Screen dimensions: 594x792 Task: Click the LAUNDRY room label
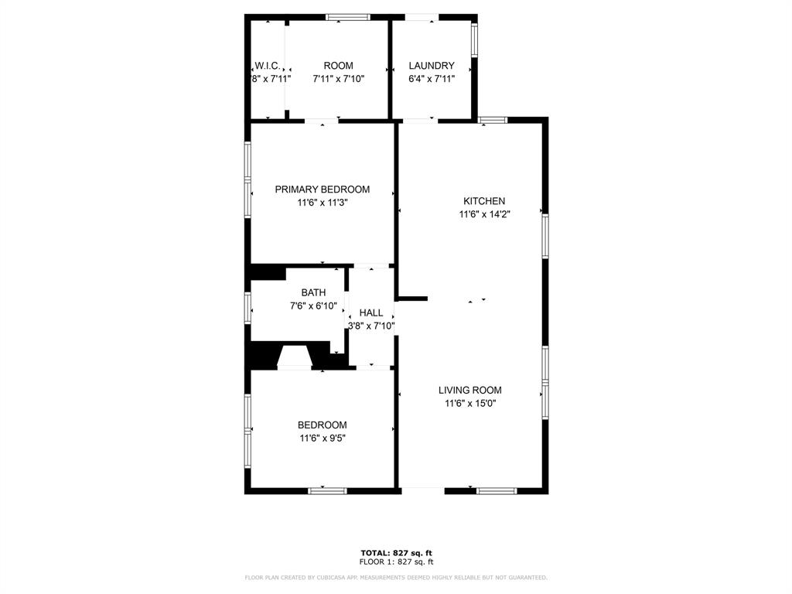[432, 66]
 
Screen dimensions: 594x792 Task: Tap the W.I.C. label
[267, 66]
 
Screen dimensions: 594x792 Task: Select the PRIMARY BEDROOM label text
[323, 189]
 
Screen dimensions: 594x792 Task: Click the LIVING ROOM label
[470, 391]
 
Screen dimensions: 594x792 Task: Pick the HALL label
[371, 313]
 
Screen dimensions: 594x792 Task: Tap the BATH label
[313, 292]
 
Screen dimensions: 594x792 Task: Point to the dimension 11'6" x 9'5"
[323, 438]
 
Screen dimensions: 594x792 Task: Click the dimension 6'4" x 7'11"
[432, 78]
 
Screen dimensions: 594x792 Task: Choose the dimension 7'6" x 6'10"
[313, 306]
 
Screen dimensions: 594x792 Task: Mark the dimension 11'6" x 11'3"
[323, 203]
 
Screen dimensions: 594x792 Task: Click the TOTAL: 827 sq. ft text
[396, 552]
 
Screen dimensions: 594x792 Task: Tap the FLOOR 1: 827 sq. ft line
[396, 562]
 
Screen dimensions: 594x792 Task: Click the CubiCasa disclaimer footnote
[396, 577]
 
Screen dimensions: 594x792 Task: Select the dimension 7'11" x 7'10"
[338, 78]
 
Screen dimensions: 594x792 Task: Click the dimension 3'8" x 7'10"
[371, 326]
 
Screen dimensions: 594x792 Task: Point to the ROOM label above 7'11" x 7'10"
[338, 66]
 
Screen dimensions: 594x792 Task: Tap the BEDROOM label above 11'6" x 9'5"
[323, 425]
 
